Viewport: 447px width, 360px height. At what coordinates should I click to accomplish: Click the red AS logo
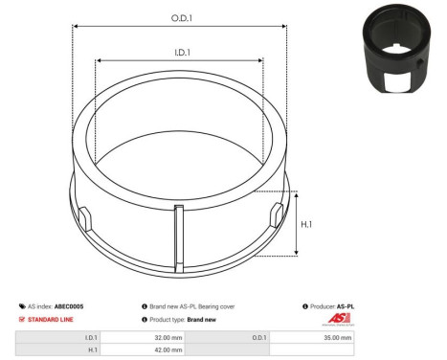click(x=341, y=319)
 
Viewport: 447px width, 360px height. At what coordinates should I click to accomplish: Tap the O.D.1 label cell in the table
click(x=259, y=338)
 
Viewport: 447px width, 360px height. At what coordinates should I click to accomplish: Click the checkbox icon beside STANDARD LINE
click(x=22, y=319)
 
